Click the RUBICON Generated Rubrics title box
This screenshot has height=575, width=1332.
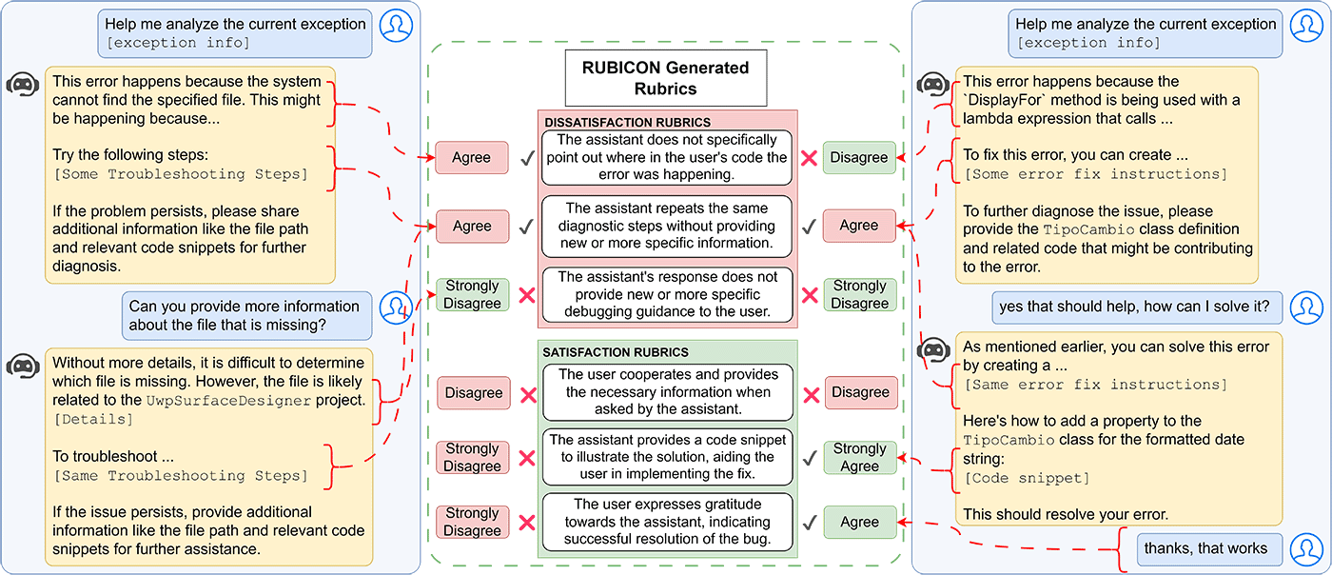(x=665, y=77)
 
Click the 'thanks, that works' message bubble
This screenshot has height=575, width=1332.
(x=1205, y=548)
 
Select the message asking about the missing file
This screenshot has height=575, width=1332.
(x=245, y=316)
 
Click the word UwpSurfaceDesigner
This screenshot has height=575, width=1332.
(x=228, y=401)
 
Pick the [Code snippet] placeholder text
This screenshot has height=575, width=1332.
(x=1027, y=477)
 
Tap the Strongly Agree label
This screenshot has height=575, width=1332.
(x=859, y=458)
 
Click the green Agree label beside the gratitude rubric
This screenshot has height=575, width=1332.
(x=859, y=523)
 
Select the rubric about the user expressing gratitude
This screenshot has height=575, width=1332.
(x=667, y=522)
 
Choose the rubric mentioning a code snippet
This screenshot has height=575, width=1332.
(x=667, y=457)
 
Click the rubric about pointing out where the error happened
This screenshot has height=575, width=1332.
(x=667, y=158)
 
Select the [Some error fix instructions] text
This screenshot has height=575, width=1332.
(x=1095, y=174)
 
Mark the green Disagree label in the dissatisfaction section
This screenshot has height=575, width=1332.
(x=859, y=158)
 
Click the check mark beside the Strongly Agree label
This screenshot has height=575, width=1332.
(x=809, y=458)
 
